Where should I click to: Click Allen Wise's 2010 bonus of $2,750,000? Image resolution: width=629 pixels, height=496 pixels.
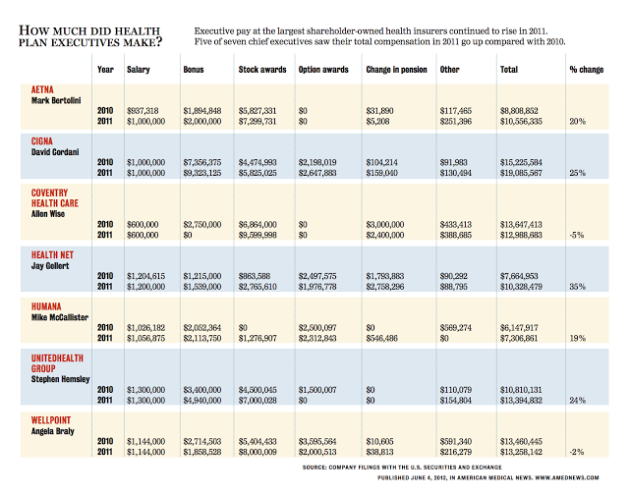(206, 224)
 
